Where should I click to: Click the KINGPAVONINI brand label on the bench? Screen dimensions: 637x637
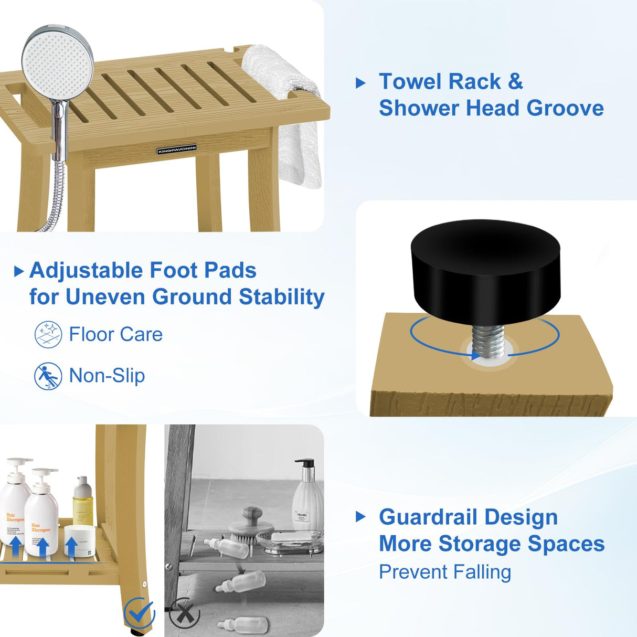coord(177,150)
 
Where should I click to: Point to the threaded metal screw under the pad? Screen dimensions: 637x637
coord(488,341)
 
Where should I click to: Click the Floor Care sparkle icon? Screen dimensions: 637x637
coord(48,335)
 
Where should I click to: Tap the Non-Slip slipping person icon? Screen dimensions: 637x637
coord(48,376)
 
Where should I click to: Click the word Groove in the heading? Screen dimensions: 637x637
coord(565,108)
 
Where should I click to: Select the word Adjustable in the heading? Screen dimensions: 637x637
coord(87,271)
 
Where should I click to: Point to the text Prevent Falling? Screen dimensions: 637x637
coord(445,572)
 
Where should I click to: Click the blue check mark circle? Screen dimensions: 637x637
coord(139,613)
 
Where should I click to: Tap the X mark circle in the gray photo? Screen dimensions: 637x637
coord(184,612)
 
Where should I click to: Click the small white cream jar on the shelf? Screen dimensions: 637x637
coord(80,540)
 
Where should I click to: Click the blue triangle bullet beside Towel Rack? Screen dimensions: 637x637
coord(360,83)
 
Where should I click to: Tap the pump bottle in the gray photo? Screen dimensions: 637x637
coord(307,493)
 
